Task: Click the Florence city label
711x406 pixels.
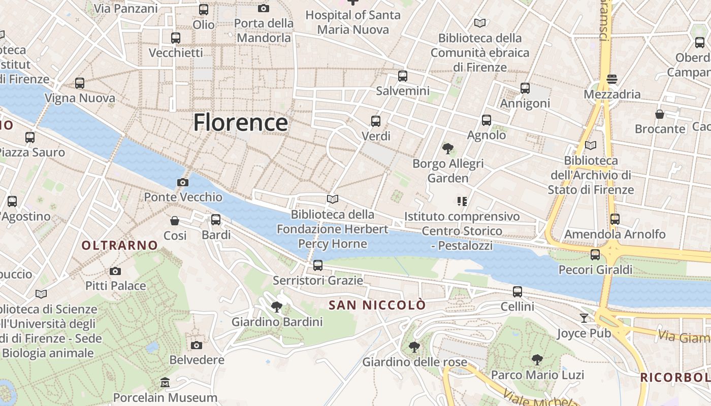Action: [x=240, y=123]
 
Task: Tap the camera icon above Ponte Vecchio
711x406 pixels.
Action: [x=182, y=183]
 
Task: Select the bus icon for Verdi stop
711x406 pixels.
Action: [x=376, y=121]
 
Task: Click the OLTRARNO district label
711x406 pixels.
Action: [x=120, y=246]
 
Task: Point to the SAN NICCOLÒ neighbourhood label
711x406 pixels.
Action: [x=377, y=305]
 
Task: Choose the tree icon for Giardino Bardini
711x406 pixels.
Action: [x=277, y=307]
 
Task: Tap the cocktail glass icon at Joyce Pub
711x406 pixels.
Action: [x=584, y=318]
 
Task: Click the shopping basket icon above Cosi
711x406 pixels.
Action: [x=175, y=221]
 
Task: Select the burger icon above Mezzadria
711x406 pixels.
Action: [x=612, y=79]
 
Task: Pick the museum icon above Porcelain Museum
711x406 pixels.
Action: [x=165, y=382]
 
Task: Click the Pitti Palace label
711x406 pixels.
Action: [x=116, y=286]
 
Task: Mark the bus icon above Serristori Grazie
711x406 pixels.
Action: [x=318, y=265]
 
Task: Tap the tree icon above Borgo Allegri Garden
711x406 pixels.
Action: [x=447, y=149]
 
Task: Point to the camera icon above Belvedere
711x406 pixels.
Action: [x=197, y=345]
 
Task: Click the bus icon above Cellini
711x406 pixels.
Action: [x=518, y=292]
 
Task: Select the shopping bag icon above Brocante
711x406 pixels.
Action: [x=660, y=114]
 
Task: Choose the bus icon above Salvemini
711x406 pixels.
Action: [x=403, y=76]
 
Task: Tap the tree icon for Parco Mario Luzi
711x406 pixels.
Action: [x=537, y=360]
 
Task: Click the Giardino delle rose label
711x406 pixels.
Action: [x=414, y=362]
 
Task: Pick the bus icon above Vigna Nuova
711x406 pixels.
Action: [x=80, y=83]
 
